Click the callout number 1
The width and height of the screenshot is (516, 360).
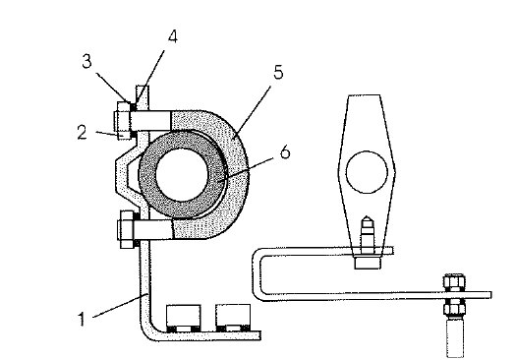coord(82,319)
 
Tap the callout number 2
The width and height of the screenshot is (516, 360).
coord(83,132)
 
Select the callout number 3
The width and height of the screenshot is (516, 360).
coord(86,61)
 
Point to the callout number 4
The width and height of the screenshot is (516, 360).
coord(173,36)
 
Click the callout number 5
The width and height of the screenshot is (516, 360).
coord(278,72)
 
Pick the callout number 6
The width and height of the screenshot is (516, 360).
coord(285,152)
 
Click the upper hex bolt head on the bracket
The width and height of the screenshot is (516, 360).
coord(123,121)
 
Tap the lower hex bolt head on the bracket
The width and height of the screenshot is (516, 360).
coord(126,229)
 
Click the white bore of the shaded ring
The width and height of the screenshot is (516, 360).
coord(182,174)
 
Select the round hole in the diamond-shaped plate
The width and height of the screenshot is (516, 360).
coord(367,172)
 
